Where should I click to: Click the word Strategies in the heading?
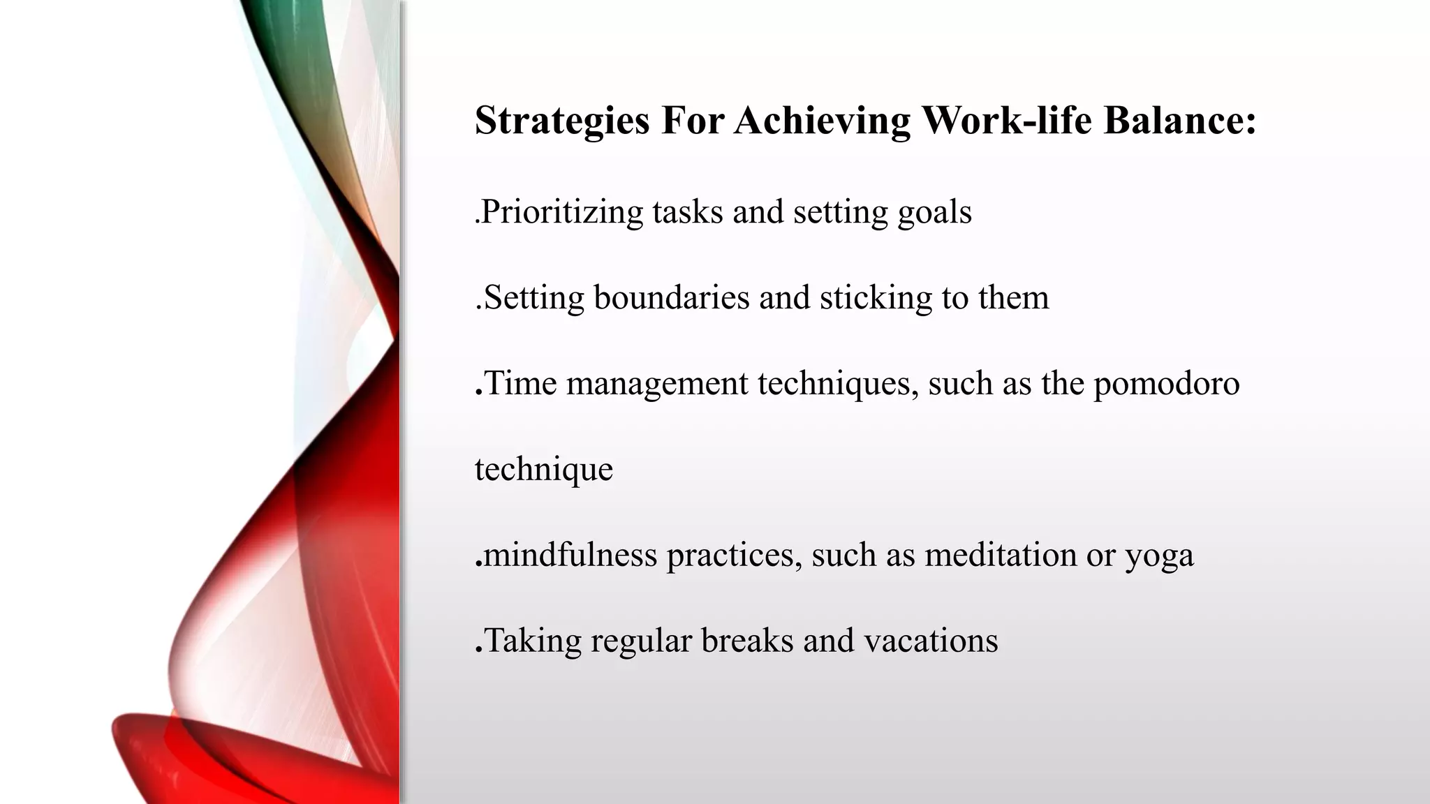[562, 120]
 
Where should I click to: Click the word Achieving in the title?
[822, 120]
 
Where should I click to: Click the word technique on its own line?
[543, 470]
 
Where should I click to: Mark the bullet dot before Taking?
[478, 651]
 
